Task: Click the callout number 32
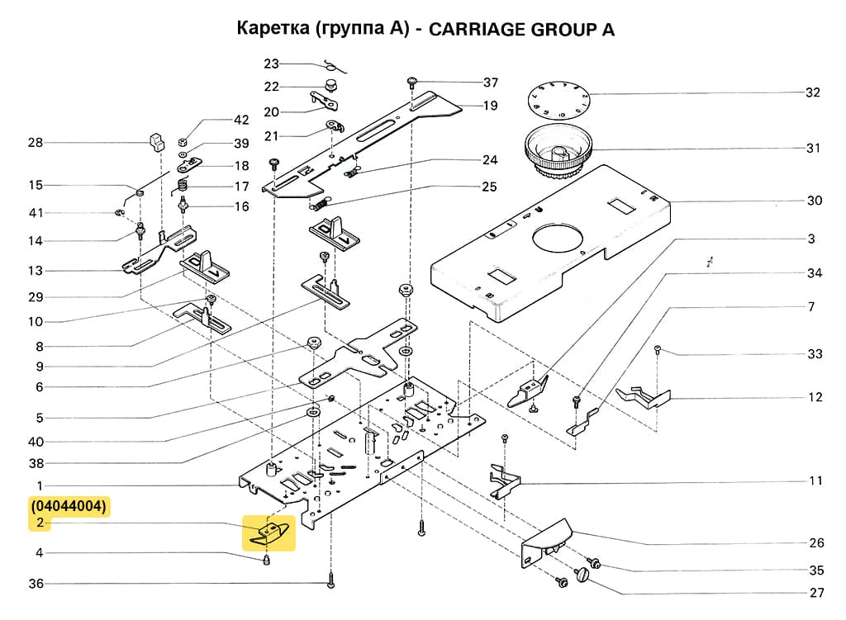click(813, 92)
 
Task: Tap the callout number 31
click(813, 149)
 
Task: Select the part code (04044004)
click(69, 506)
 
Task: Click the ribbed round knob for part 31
click(558, 154)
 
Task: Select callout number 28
click(35, 143)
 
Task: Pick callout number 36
click(35, 584)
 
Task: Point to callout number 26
click(816, 543)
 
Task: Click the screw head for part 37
click(411, 81)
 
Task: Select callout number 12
click(815, 397)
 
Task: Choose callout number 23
click(272, 64)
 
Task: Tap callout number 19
click(490, 106)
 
